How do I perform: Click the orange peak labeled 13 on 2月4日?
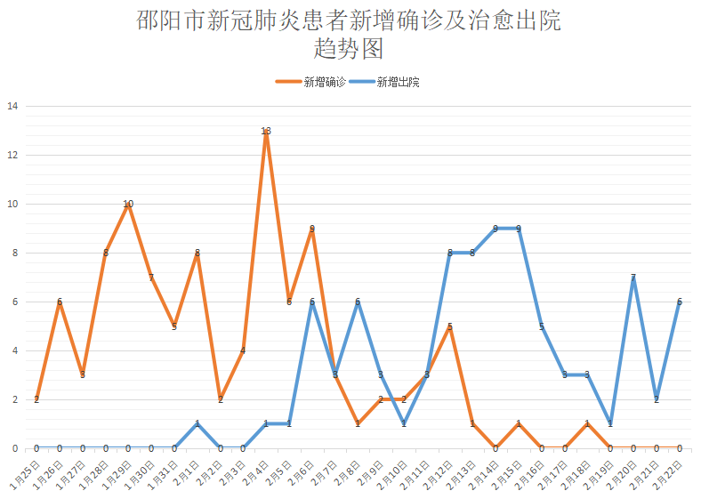coord(266,131)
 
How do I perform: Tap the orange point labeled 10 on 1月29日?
coord(128,204)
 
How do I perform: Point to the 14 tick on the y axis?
coord(12,106)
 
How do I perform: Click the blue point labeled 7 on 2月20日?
coord(633,278)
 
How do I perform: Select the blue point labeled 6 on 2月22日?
coord(680,302)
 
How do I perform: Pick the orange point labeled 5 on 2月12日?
coord(450,326)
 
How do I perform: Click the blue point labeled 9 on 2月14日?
coord(496,229)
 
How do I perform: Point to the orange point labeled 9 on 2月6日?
coord(312,229)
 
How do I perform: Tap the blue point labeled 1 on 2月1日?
coord(197,423)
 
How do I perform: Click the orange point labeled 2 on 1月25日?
coord(36,399)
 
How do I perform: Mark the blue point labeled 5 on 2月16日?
coord(542,326)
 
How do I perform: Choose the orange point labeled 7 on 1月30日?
coord(151,278)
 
